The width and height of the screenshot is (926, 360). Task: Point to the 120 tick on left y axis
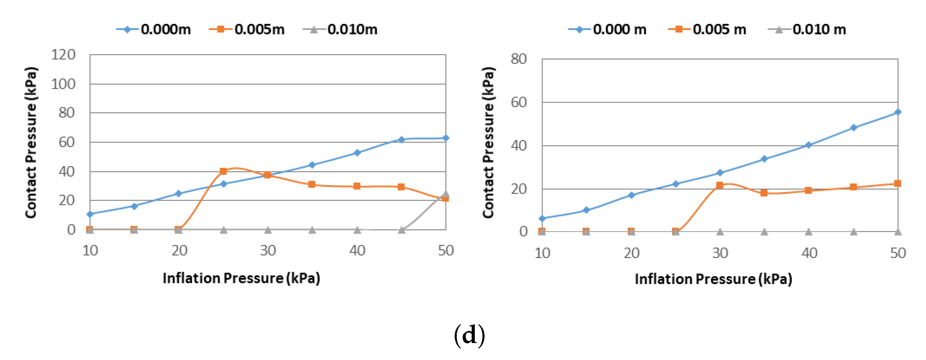click(x=63, y=55)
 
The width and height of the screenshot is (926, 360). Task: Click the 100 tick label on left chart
click(x=63, y=84)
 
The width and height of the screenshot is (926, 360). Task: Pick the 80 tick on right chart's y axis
click(x=519, y=59)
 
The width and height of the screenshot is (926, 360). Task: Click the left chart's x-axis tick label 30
click(x=268, y=251)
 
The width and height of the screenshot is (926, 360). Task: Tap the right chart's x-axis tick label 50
click(x=898, y=254)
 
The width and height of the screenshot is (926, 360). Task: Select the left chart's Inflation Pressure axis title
click(x=241, y=278)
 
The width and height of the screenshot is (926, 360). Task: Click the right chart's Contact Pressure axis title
click(x=488, y=143)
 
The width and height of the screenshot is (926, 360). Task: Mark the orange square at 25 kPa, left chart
click(x=223, y=171)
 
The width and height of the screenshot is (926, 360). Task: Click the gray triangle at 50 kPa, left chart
click(x=446, y=194)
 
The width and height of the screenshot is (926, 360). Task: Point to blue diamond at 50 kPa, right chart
click(x=898, y=112)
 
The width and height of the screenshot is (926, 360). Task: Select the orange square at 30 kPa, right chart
click(x=720, y=186)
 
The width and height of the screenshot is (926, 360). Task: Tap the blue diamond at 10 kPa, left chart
click(x=90, y=214)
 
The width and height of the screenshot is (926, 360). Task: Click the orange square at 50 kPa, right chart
click(x=898, y=183)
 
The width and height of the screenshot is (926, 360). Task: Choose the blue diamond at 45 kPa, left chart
click(x=402, y=140)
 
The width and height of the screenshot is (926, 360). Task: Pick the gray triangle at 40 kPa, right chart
click(x=808, y=232)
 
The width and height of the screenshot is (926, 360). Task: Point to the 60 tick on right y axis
click(x=519, y=103)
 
